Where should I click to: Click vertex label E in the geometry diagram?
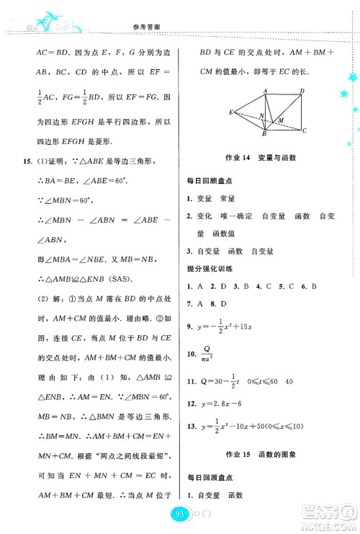[x=231, y=112]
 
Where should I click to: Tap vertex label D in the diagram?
[x=302, y=90]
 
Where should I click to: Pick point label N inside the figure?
[x=261, y=115]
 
